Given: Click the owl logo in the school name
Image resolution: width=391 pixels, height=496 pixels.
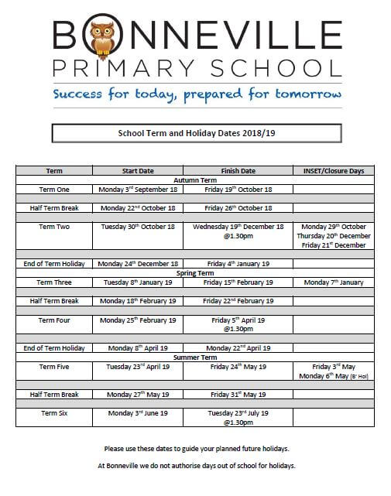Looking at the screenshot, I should [101, 38].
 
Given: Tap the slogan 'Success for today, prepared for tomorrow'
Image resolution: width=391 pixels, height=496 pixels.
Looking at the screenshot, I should [197, 96].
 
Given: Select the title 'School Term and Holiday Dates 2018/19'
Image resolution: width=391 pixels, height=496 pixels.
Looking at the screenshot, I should [196, 133].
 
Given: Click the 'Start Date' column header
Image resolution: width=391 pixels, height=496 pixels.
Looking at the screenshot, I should [138, 171].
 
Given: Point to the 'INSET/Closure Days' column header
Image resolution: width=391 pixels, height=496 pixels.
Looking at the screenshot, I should [334, 171].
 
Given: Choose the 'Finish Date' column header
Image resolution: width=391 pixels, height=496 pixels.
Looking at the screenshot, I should [238, 171].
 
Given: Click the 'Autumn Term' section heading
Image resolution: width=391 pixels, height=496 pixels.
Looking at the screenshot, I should [195, 180].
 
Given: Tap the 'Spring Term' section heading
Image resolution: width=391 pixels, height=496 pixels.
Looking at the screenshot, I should [195, 272].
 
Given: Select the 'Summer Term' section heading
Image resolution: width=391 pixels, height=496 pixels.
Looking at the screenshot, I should [195, 357].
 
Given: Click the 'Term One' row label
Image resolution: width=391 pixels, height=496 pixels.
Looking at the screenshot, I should [54, 190].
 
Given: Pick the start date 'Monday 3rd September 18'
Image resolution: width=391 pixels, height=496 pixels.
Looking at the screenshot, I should [138, 190].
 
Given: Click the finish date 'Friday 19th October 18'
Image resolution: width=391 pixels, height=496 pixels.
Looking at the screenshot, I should [238, 190].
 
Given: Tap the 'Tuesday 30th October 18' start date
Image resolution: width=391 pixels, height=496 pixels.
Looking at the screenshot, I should [138, 227].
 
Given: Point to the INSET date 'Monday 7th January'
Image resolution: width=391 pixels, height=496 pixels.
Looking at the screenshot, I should [334, 282].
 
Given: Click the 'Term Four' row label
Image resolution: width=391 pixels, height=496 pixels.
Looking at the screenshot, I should [54, 320].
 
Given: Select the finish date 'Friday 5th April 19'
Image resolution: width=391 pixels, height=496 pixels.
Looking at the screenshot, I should [238, 320].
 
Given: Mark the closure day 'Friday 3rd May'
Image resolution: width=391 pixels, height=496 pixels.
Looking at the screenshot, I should [334, 367].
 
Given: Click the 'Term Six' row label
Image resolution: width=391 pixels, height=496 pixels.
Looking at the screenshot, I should [54, 413].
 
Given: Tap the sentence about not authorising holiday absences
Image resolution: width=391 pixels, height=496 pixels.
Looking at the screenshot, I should [196, 466].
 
